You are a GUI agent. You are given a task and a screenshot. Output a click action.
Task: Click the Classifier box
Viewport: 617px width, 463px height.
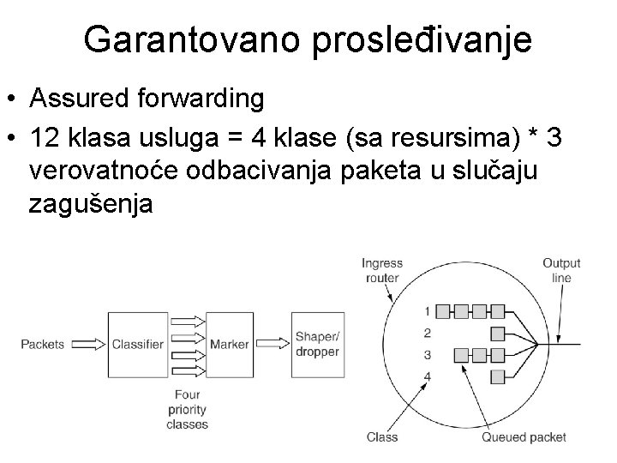click(x=138, y=345)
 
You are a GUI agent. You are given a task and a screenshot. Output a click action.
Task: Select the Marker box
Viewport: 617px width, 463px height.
click(x=229, y=345)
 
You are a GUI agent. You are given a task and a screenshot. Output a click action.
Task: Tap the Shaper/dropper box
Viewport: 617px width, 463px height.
click(x=317, y=345)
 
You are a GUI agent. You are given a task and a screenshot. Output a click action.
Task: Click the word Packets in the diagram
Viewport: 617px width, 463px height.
click(x=43, y=345)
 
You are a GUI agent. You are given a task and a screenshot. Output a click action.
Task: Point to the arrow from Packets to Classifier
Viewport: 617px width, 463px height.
click(x=87, y=345)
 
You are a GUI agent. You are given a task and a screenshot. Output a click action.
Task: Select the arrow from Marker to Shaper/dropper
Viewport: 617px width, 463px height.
click(x=273, y=345)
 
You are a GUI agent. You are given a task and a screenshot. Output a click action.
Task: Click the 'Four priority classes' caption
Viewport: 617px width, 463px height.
click(x=187, y=410)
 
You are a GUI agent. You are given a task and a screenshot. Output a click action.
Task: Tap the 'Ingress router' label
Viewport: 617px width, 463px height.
click(x=382, y=270)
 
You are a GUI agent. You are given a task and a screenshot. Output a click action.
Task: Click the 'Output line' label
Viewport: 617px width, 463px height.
click(x=561, y=270)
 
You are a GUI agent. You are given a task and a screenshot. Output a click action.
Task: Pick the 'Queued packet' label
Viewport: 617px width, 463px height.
click(x=524, y=437)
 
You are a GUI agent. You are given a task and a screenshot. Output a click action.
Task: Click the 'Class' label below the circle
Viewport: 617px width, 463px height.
click(x=382, y=437)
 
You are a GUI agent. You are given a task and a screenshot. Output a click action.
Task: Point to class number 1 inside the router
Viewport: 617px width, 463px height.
click(x=427, y=310)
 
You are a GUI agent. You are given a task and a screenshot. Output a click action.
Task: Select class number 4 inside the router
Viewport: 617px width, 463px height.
click(x=427, y=376)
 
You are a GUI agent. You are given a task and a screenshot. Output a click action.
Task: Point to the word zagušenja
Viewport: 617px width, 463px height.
click(x=92, y=205)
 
